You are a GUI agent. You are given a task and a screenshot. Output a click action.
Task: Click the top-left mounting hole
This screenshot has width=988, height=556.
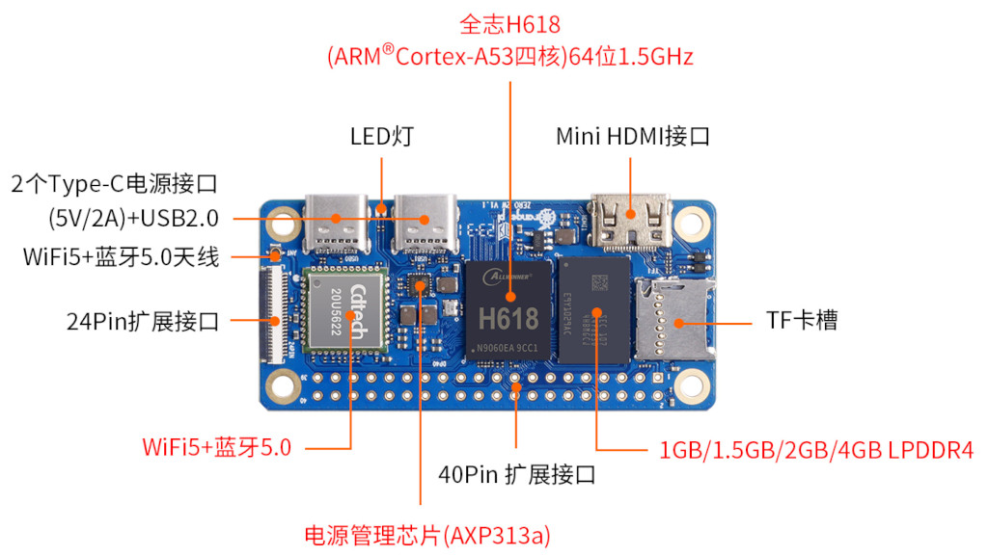click(283, 225)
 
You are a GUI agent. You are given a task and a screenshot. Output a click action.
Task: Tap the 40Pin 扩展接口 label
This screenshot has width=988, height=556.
click(516, 474)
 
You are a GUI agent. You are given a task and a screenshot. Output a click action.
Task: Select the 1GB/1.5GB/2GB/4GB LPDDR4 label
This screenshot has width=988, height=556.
click(816, 450)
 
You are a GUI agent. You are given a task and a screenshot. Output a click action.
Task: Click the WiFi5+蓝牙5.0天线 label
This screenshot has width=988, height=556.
click(122, 257)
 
